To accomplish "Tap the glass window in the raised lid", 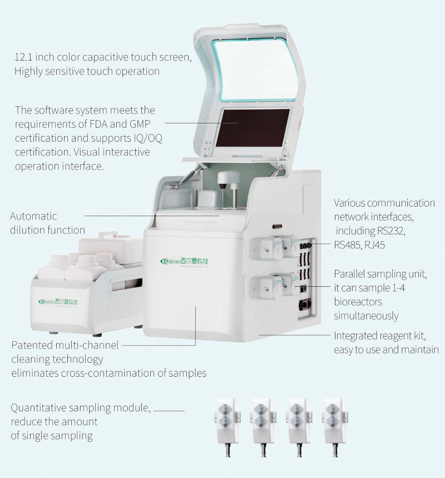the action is [x=255, y=69].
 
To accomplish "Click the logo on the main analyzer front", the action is [x=184, y=261].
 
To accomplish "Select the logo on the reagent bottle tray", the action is [x=58, y=301].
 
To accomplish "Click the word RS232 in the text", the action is [x=390, y=231].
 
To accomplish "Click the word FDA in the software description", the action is [x=98, y=124].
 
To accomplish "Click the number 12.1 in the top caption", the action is [x=23, y=57].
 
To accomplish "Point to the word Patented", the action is [x=32, y=345].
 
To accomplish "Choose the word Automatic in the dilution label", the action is [x=33, y=216].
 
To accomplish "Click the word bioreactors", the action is [x=358, y=302].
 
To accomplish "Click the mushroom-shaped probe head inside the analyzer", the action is [x=229, y=177].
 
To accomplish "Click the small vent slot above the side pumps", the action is [x=277, y=227].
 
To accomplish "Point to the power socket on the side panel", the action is [x=305, y=305].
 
